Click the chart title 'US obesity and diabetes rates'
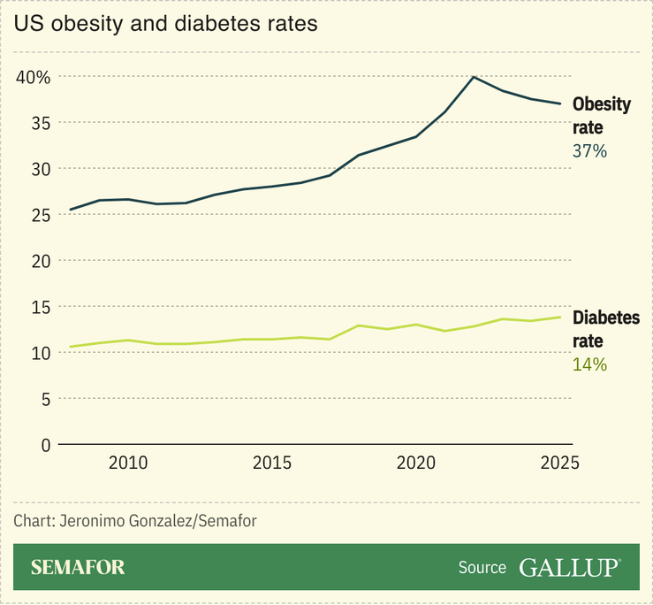165,25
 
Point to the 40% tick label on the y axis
34,77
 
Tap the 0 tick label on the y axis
45,445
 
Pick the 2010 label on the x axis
128,463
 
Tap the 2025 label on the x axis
558,463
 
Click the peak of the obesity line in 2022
474,77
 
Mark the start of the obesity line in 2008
71,210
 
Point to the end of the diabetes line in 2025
559,317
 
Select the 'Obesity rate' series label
602,116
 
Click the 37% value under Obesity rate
589,151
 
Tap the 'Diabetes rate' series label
606,329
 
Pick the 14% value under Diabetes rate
589,364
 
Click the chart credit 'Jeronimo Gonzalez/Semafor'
135,521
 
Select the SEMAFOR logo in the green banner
78,567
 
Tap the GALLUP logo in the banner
570,567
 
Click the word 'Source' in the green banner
482,568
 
